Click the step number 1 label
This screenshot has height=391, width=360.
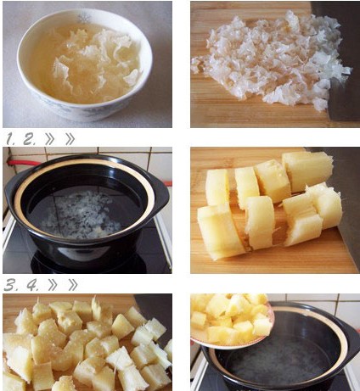(10, 139)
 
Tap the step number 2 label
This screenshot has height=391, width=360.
(29, 139)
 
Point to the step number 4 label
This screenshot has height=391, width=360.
(32, 286)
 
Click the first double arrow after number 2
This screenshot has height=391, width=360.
(49, 139)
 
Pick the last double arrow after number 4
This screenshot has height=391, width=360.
(72, 286)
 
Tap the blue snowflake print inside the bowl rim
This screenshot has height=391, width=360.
(84, 18)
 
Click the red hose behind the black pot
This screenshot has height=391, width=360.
(23, 163)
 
